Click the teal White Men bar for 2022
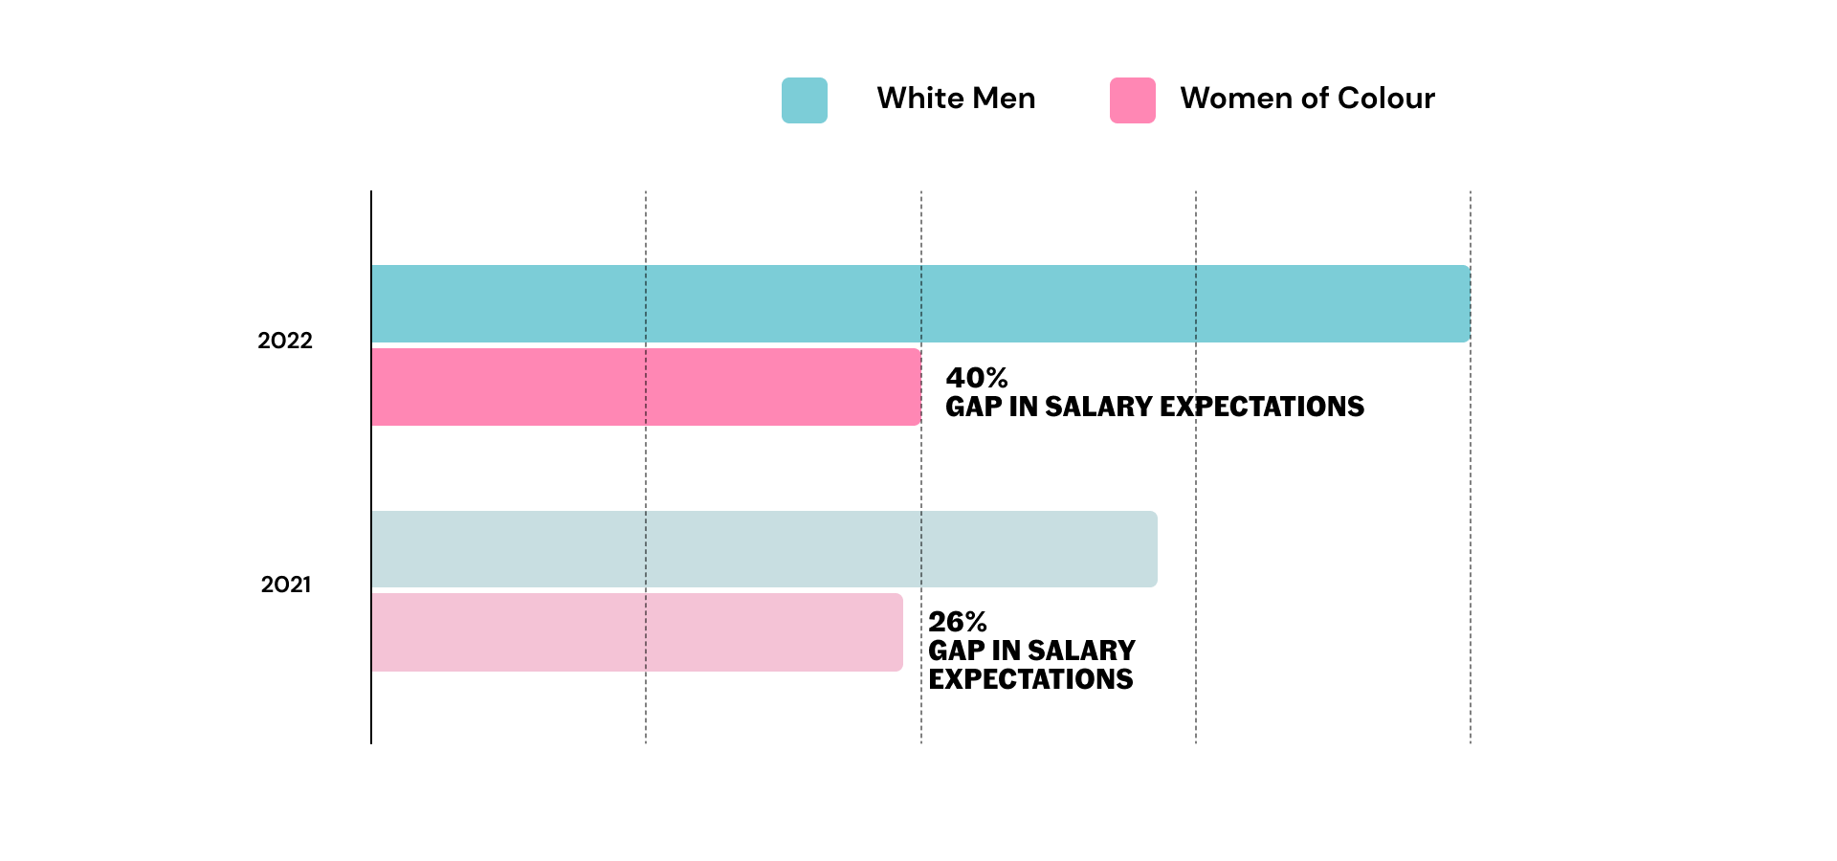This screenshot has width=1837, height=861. pyautogui.click(x=918, y=303)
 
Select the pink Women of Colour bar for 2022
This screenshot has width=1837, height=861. pyautogui.click(x=646, y=386)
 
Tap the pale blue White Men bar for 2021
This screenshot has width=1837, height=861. pyautogui.click(x=764, y=549)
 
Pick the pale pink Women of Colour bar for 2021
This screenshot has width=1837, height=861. pyautogui.click(x=636, y=632)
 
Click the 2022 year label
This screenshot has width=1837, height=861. pyautogui.click(x=285, y=341)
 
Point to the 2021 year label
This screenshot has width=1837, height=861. pyautogui.click(x=285, y=585)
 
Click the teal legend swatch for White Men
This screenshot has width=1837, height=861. pyautogui.click(x=804, y=100)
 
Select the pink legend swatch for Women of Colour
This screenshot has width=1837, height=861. pyautogui.click(x=1132, y=100)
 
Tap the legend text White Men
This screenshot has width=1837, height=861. pyautogui.click(x=956, y=99)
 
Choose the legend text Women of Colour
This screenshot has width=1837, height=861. pyautogui.click(x=1307, y=99)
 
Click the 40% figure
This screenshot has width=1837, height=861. pyautogui.click(x=976, y=378)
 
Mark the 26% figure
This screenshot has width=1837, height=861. pyautogui.click(x=957, y=622)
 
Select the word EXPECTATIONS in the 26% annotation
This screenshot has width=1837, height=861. pyautogui.click(x=1030, y=679)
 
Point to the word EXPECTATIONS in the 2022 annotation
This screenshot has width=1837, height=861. pyautogui.click(x=1262, y=407)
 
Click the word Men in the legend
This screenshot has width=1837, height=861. pyautogui.click(x=1004, y=99)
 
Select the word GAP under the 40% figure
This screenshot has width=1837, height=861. pyautogui.click(x=973, y=407)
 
